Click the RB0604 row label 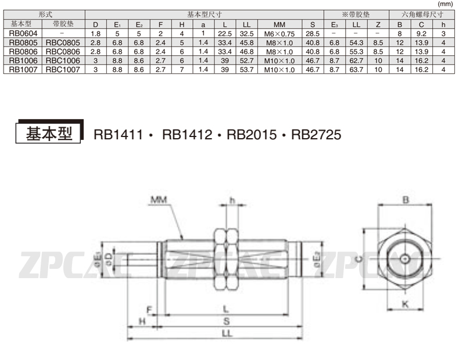(x=23, y=33)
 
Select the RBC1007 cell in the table (x=63, y=70)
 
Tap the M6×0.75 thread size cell (x=279, y=34)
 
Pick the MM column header (x=279, y=24)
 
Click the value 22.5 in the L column (x=224, y=34)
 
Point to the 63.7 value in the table (x=356, y=70)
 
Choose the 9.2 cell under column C (x=421, y=34)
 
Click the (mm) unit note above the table (x=445, y=4)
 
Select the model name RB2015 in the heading (x=252, y=135)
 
